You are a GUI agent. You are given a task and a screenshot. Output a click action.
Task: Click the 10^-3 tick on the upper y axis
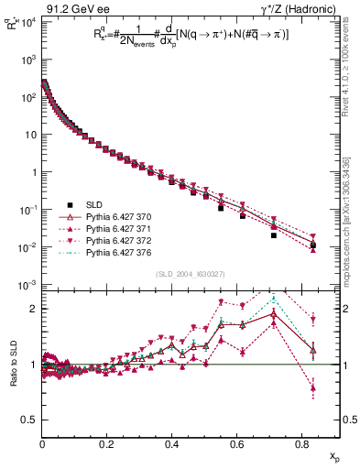click(x=28, y=285)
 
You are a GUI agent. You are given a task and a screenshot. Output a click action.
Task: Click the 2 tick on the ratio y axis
click(x=34, y=309)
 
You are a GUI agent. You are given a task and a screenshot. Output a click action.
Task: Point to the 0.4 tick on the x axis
click(x=171, y=442)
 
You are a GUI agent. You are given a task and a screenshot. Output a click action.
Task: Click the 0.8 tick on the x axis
click(x=302, y=442)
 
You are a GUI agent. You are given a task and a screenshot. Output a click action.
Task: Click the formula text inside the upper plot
click(x=183, y=40)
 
